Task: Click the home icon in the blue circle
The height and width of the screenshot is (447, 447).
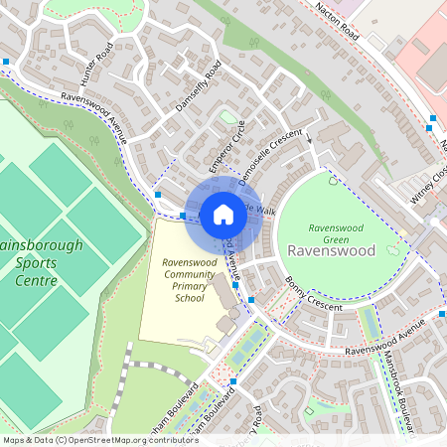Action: [x=223, y=214]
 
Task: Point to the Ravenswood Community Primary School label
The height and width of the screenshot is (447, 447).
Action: [x=176, y=280]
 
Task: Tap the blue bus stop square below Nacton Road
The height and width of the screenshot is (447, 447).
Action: [x=432, y=118]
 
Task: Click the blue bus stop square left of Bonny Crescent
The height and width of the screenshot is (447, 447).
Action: [x=250, y=300]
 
